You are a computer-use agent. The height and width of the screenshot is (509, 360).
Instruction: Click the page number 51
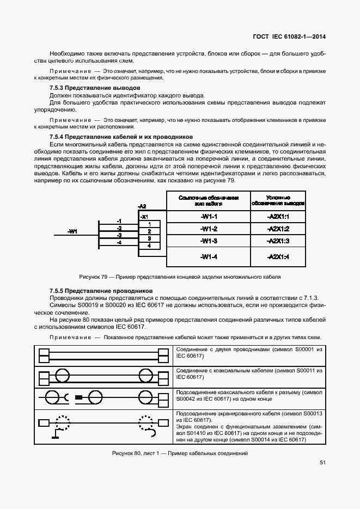coord(322,463)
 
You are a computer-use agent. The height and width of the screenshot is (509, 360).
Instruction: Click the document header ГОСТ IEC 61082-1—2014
coord(293,38)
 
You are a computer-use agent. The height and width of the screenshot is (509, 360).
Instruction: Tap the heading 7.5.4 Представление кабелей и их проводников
coord(120,136)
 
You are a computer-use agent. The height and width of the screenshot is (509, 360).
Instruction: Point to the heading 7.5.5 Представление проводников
coord(101,291)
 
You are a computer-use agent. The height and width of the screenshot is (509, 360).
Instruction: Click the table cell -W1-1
coord(209,217)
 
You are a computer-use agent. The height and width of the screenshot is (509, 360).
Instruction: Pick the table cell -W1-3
coord(209,241)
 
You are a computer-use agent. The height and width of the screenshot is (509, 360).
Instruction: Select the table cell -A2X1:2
coord(278,229)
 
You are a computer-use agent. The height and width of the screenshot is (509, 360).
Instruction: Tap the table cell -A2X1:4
coord(278,256)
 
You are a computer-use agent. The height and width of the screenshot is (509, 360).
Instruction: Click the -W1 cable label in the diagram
coord(72,231)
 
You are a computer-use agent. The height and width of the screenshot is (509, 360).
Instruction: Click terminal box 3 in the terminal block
coord(149,238)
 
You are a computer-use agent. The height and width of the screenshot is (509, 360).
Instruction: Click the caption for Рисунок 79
coord(180,277)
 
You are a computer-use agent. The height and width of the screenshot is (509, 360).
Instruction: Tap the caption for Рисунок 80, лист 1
coord(180,453)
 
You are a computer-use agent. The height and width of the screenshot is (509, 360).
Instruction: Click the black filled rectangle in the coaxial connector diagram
coord(78,398)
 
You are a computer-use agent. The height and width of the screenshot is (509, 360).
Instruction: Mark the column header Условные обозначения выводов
coord(278,200)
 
